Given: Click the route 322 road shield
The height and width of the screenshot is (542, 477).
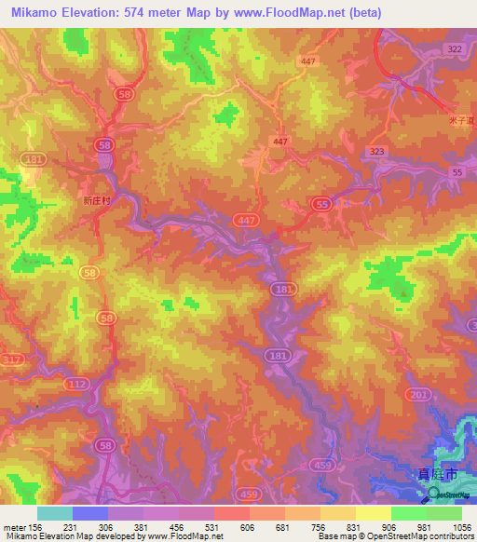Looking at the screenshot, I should (455, 48).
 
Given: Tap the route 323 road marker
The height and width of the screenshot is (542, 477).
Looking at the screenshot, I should (376, 150).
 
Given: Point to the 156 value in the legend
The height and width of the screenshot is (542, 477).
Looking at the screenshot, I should (36, 526).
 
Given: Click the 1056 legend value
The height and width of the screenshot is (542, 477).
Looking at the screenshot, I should (450, 526).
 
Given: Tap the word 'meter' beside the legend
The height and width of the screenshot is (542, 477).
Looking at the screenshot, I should (12, 526).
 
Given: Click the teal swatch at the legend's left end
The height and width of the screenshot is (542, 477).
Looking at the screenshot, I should (54, 513).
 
